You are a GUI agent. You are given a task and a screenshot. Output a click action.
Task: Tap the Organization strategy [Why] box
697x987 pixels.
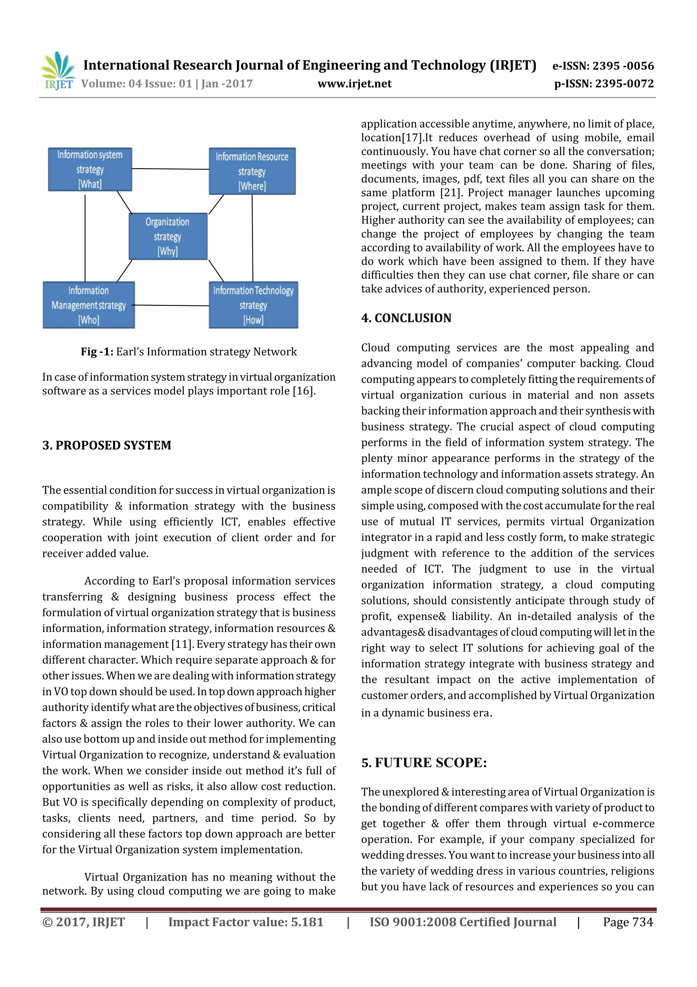point(168,236)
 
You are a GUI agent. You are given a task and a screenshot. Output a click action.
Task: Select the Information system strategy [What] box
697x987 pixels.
point(90,169)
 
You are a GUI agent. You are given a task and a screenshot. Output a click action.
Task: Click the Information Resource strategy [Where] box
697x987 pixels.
point(252,171)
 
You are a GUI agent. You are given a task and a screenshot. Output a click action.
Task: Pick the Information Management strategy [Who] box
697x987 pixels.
point(88,305)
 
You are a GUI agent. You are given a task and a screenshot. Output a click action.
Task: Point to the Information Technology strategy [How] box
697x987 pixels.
point(253,305)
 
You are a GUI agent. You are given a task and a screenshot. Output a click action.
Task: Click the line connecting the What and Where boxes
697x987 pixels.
point(170,169)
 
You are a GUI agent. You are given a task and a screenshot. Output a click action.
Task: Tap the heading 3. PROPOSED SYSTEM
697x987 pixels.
point(107,445)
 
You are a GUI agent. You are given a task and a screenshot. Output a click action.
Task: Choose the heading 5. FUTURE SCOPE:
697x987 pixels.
point(424,762)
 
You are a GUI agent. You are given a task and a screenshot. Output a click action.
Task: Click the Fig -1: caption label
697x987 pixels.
point(97,352)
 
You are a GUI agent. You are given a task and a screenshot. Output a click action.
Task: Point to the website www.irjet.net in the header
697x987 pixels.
point(354,83)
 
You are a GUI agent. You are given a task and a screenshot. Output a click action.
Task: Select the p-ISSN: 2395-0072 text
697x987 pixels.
point(603,83)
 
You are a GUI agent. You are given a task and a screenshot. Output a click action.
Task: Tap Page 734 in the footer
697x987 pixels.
point(628,922)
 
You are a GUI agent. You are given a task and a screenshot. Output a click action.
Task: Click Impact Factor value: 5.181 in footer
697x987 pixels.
point(246,922)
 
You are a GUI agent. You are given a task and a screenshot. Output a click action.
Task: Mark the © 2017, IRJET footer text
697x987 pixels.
point(83,922)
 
